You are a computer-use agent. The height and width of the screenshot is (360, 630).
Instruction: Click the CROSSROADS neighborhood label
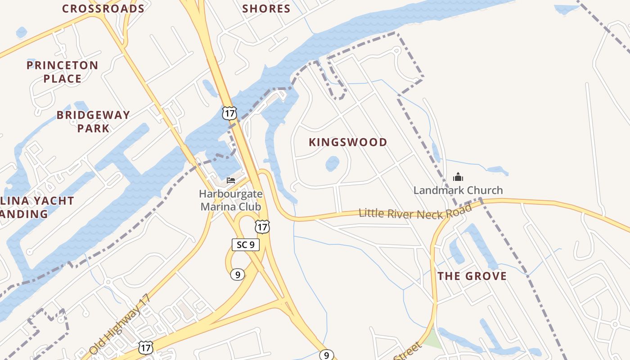point(103,9)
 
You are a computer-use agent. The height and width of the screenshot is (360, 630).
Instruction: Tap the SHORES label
point(266,9)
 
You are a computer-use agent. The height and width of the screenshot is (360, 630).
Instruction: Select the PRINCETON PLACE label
point(62,72)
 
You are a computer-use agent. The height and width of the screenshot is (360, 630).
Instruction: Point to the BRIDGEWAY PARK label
point(93,121)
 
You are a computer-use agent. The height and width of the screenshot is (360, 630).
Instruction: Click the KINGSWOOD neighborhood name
point(348,142)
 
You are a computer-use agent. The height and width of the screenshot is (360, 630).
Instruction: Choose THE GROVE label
point(472,276)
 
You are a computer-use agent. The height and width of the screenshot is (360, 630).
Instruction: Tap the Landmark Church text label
point(458,190)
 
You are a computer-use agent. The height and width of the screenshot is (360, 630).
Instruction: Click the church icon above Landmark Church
point(458,176)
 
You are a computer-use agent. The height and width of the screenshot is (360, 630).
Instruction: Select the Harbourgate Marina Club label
point(231,200)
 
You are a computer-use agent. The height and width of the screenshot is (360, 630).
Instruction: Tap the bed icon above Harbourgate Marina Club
point(231,180)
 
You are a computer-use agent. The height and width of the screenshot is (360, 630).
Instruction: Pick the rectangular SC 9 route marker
point(245,244)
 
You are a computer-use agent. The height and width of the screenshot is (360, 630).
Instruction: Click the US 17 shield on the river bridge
point(229,113)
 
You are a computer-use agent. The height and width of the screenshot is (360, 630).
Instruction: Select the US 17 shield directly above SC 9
point(262,226)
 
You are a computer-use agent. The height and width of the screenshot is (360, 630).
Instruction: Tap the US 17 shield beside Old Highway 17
point(145,347)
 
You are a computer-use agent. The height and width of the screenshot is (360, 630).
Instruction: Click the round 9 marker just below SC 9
point(237,274)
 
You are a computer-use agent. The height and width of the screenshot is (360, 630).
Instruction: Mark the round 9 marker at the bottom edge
point(327,355)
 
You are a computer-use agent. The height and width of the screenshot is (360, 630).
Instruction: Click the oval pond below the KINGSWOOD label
point(332,163)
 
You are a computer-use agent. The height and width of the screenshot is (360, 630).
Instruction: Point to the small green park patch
point(431,338)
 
